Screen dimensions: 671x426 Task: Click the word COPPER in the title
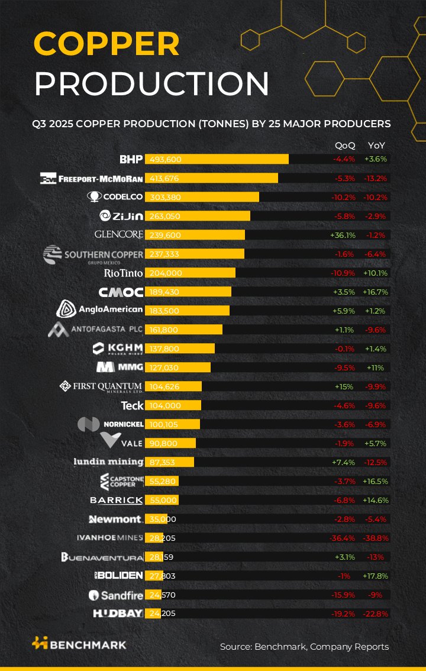pos(106,44)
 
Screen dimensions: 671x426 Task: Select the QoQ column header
pos(345,145)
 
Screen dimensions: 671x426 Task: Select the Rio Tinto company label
pos(123,273)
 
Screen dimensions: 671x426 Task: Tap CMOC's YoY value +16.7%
pos(375,292)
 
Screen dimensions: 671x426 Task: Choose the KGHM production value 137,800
pos(164,349)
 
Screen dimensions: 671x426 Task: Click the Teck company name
pos(132,405)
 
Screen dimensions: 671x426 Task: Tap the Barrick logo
pos(116,500)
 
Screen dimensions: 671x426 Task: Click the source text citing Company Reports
pos(304,647)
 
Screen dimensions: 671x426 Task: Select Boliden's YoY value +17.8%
pos(375,576)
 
